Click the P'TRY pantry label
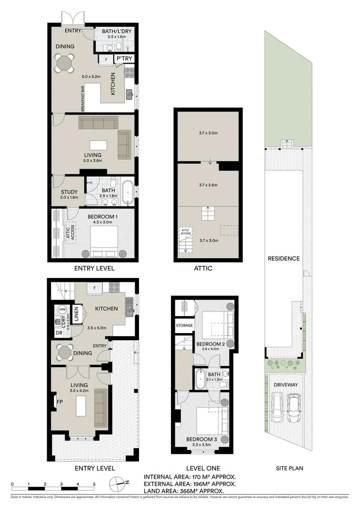125,59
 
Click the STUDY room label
69,192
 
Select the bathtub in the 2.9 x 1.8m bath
127,192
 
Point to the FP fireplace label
60,402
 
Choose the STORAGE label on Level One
184,326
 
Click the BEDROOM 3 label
202,439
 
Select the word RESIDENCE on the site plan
284,258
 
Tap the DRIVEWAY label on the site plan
286,385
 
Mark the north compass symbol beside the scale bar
120,482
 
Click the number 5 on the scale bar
94,484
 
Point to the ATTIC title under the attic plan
203,268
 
